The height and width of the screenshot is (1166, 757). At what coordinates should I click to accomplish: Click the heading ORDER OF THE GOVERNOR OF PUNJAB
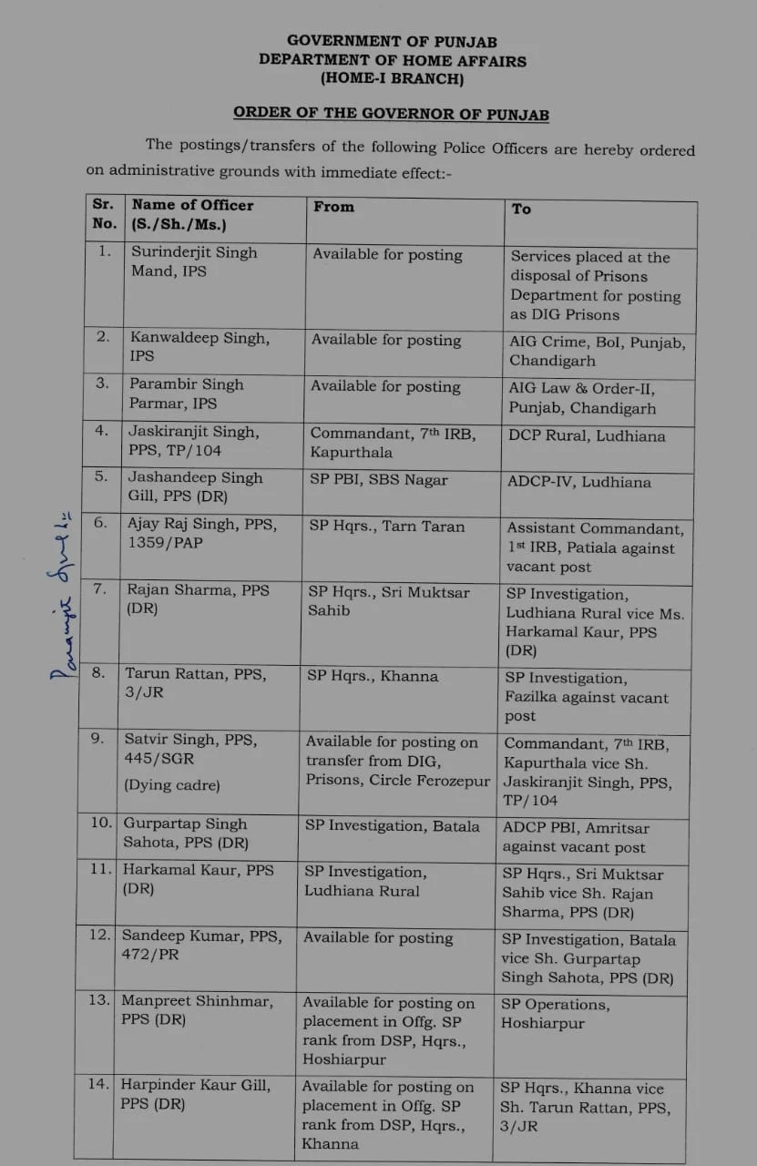(x=391, y=113)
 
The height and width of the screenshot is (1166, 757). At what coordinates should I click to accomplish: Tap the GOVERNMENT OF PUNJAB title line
(x=393, y=40)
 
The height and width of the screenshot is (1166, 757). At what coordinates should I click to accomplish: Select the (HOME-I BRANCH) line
(x=393, y=79)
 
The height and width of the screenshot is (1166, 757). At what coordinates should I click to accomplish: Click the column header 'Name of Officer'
(x=192, y=205)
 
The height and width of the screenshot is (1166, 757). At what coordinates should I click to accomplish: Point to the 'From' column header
(x=333, y=207)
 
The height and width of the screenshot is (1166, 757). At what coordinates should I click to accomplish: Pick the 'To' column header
(x=521, y=209)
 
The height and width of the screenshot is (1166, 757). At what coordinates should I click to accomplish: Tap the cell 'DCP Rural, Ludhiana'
(x=587, y=435)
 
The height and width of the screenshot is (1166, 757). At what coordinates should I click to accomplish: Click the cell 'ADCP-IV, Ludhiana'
(x=579, y=482)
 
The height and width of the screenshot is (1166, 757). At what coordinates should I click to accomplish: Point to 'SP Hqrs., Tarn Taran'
(x=386, y=526)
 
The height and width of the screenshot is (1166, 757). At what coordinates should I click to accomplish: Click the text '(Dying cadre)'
(x=172, y=785)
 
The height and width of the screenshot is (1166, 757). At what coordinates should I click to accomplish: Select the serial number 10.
(x=100, y=824)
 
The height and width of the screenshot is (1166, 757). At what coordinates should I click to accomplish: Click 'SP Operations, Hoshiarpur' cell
(x=556, y=1013)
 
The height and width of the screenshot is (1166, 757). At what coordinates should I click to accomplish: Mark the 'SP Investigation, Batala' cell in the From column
(x=392, y=826)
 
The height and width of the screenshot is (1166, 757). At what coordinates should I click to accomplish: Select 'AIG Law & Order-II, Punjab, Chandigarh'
(x=582, y=397)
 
